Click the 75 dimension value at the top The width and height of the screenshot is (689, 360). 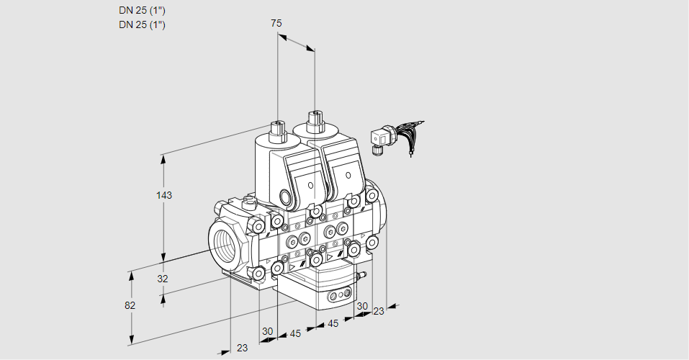[276, 24]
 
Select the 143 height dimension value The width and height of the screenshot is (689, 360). [166, 195]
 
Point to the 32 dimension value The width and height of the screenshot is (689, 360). [162, 279]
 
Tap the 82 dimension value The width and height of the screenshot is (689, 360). [130, 305]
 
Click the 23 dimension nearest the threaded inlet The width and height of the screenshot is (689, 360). [242, 348]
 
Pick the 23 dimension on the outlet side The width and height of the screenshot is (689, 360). [379, 311]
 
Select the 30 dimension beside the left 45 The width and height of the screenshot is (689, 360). [268, 331]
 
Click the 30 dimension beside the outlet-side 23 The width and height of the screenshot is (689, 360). [362, 306]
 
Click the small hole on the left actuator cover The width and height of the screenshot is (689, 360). [311, 185]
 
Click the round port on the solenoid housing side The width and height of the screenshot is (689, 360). [287, 198]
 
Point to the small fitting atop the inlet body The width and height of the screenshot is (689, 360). [250, 201]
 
